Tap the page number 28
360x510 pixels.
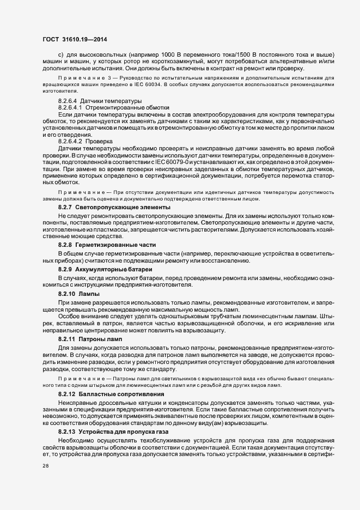(x=45, y=466)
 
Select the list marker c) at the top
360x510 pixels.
(x=61, y=55)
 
